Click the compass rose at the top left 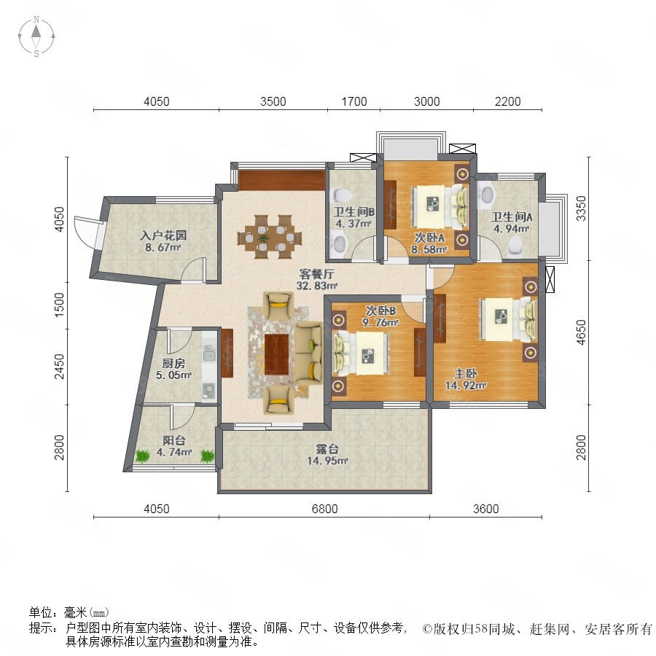pos(36,36)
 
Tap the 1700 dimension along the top pos(354,101)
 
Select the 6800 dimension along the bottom pos(324,509)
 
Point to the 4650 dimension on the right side pos(581,332)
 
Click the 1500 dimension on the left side pos(60,305)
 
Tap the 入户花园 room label pos(163,235)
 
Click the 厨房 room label pos(173,363)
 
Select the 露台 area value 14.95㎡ pos(327,461)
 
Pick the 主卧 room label pos(466,373)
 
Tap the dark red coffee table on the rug pos(276,354)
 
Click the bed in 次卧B pos(361,353)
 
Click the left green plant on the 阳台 pos(143,456)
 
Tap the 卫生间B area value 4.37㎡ pos(354,224)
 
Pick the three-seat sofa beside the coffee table pos(309,352)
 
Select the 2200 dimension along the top pos(507,101)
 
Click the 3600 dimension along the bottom pos(485,509)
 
